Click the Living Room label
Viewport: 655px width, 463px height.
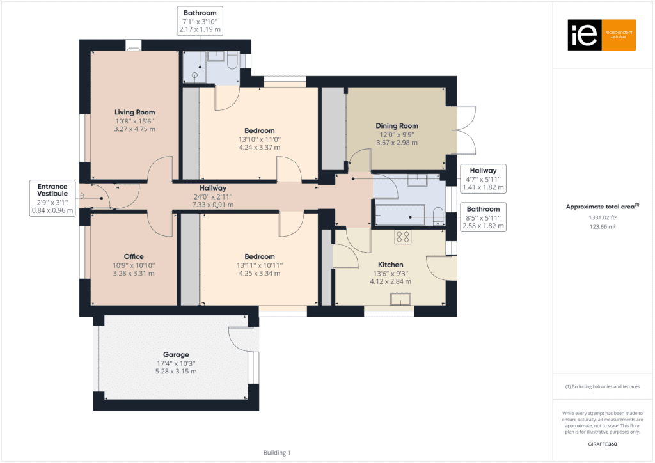click(135, 113)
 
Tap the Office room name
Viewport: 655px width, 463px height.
click(134, 257)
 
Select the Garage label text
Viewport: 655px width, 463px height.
click(177, 354)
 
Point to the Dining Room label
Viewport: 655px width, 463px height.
click(397, 126)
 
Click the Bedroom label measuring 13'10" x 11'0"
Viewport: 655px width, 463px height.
click(260, 131)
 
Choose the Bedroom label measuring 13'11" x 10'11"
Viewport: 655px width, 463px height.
click(260, 257)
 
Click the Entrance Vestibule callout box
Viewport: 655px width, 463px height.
click(52, 198)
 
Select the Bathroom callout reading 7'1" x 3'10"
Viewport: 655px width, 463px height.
click(200, 21)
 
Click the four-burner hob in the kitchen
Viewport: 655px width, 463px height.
click(403, 237)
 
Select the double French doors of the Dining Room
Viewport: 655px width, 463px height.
click(465, 130)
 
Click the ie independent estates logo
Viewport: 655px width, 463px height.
click(601, 35)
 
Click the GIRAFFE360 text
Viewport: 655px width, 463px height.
click(603, 444)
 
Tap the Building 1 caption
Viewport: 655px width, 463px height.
click(277, 453)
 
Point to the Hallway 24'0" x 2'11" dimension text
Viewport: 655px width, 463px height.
click(212, 205)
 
